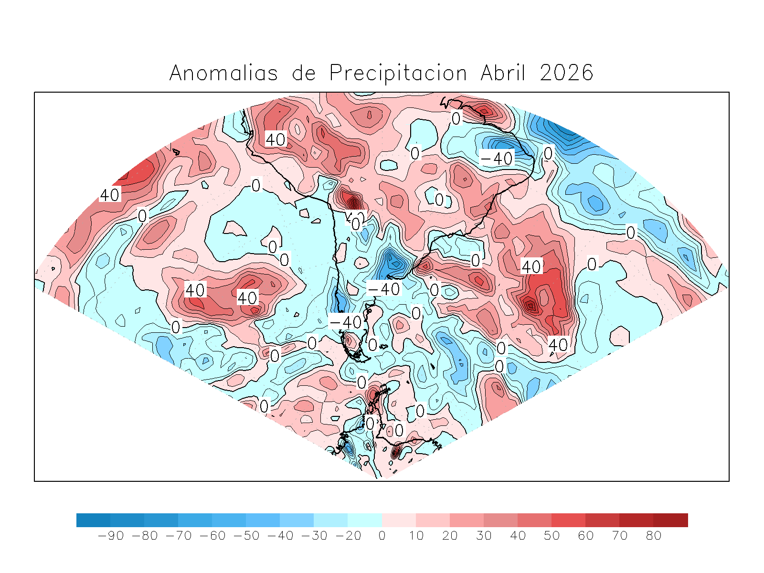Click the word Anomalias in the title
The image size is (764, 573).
click(x=223, y=74)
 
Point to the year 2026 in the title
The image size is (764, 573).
click(x=566, y=74)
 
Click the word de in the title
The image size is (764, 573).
click(x=304, y=74)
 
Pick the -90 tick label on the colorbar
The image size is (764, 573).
click(x=110, y=536)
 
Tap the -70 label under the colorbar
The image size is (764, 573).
click(x=178, y=536)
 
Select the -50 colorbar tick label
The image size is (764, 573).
click(x=246, y=536)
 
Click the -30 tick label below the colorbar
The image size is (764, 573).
click(x=314, y=536)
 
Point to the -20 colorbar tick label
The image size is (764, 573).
click(x=348, y=536)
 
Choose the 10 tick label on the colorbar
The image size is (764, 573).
click(x=416, y=536)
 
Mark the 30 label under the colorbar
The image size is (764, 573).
click(x=484, y=536)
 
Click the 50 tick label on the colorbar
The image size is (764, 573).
click(x=552, y=536)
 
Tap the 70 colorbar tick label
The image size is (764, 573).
click(x=619, y=536)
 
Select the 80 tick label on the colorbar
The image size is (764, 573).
click(x=653, y=536)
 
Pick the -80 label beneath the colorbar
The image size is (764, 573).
click(x=144, y=536)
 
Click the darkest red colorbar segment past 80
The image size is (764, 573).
click(x=670, y=520)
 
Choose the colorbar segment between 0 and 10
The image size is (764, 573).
click(x=399, y=520)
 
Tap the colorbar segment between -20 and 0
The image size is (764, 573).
click(x=365, y=520)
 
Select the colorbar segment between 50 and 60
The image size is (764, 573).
click(x=568, y=520)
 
